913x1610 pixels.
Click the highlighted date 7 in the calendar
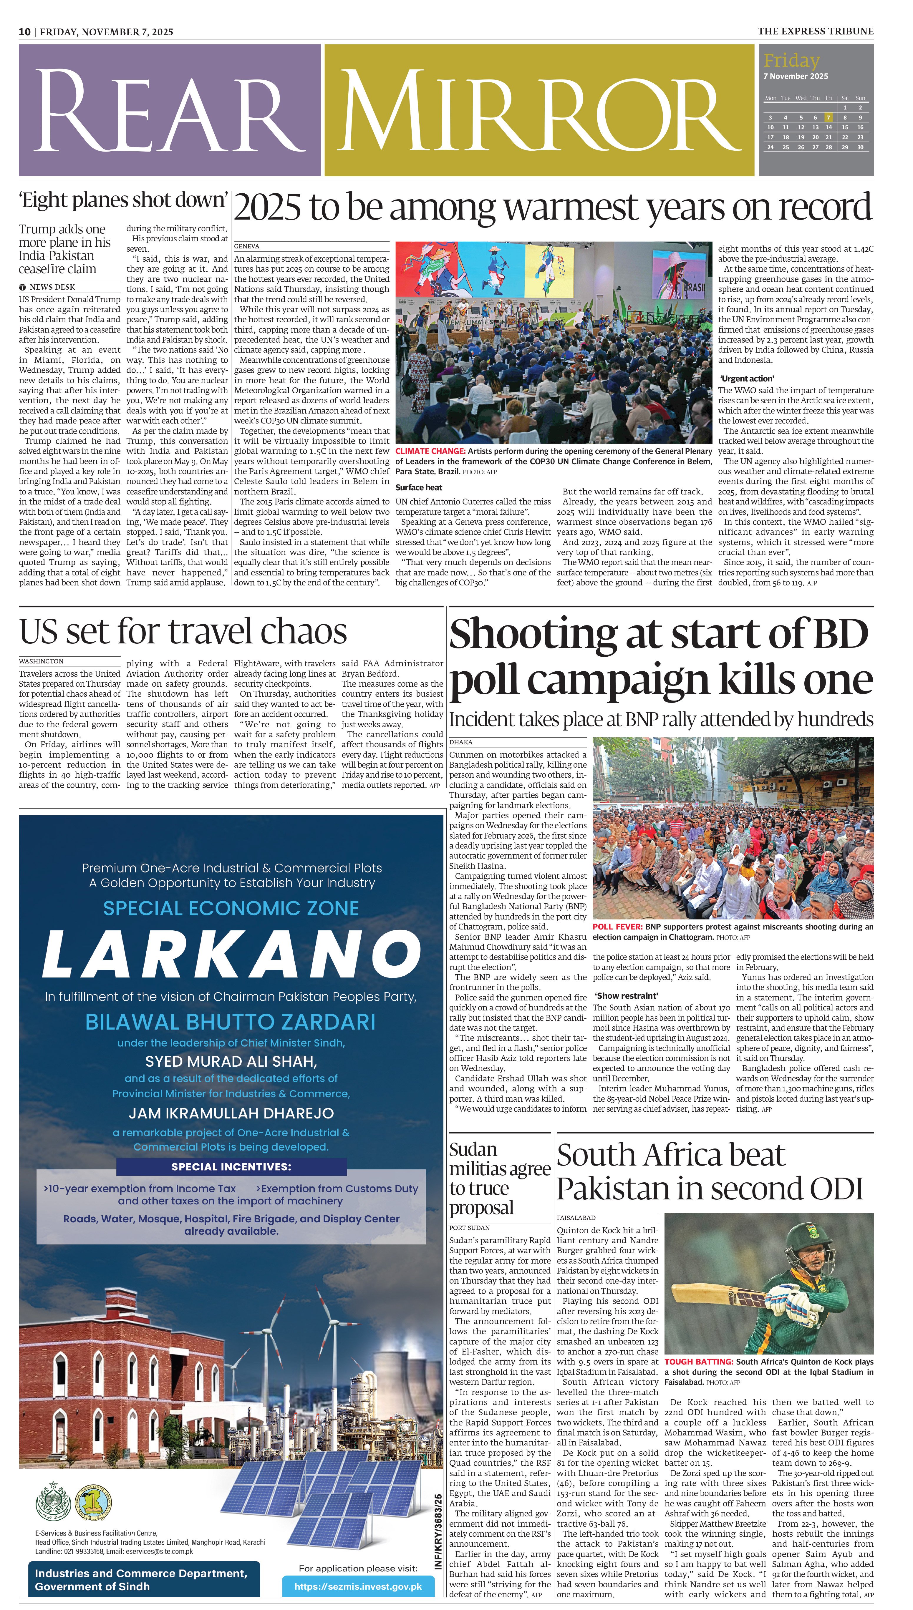(x=828, y=117)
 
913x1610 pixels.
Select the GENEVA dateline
(x=246, y=246)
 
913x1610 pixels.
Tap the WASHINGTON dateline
(x=42, y=661)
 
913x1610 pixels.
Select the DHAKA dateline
(x=461, y=742)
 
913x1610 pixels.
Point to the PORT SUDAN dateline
(x=470, y=1228)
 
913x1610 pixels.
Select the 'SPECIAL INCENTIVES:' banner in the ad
(x=231, y=1167)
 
